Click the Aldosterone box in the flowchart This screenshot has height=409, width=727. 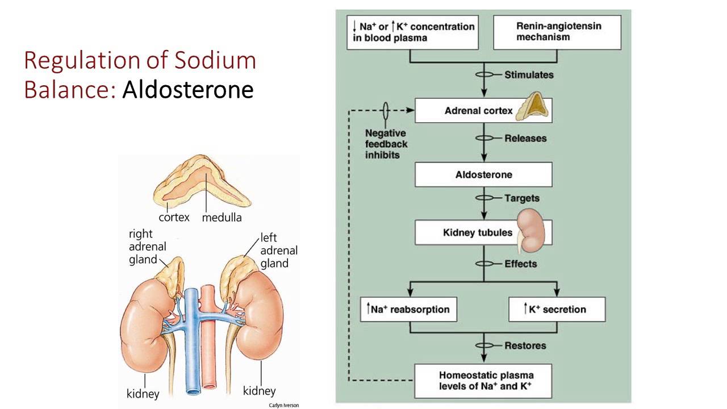click(483, 175)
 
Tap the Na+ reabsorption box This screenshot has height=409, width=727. click(408, 310)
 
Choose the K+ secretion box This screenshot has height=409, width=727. click(557, 310)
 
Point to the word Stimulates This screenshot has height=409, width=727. click(529, 74)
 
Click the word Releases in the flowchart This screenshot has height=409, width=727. click(525, 138)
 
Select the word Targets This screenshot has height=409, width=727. click(522, 198)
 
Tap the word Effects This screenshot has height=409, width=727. click(520, 264)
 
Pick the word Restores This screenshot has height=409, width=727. click(525, 345)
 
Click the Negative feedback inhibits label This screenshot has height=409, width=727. click(386, 143)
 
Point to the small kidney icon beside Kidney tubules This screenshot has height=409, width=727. click(532, 230)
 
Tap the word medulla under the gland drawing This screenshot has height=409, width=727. click(222, 217)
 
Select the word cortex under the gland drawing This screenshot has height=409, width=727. click(174, 217)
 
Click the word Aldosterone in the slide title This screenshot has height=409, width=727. click(188, 89)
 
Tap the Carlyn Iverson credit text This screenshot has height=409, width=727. click(283, 405)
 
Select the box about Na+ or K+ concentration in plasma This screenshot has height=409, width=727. click(411, 32)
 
